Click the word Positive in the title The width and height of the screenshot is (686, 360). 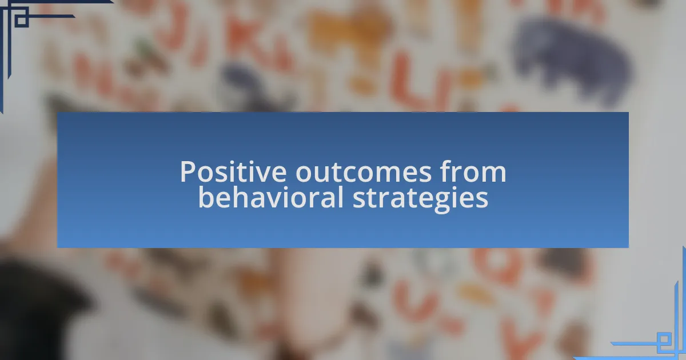[233, 171]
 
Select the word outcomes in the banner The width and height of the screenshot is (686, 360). [363, 173]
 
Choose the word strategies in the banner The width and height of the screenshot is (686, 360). [420, 199]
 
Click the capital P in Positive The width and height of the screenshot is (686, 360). [188, 172]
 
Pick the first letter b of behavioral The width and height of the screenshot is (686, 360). [206, 197]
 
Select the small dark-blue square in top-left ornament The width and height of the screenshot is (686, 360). [21, 20]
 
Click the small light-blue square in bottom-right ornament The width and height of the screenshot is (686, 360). [663, 339]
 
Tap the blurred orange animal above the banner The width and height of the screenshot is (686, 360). [349, 34]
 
